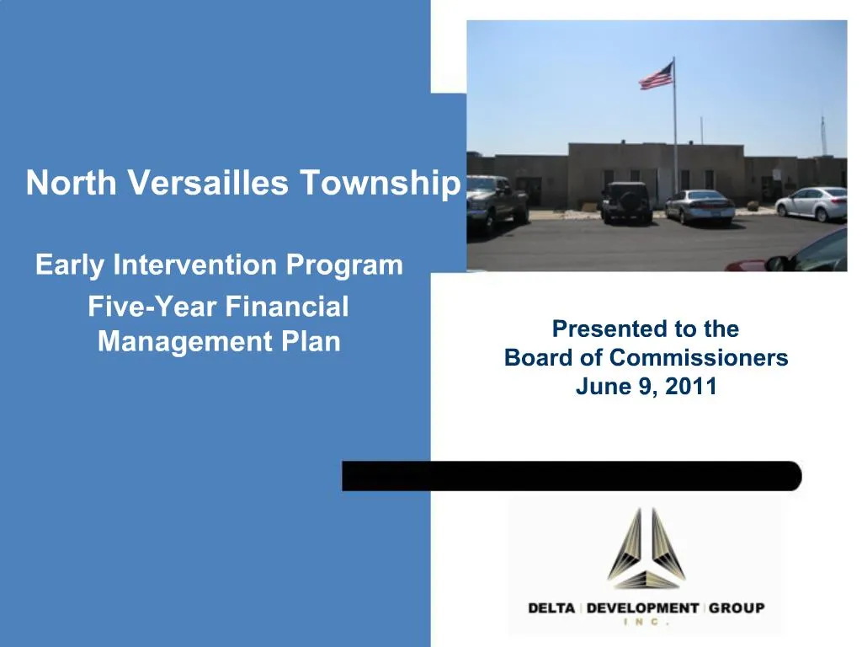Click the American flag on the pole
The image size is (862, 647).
click(x=656, y=77)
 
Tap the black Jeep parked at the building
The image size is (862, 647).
click(x=626, y=202)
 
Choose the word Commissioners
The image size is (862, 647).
click(x=699, y=358)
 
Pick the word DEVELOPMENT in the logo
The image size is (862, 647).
click(x=643, y=607)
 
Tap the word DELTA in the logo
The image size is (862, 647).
click(x=551, y=607)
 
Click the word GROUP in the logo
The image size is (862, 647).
click(x=737, y=607)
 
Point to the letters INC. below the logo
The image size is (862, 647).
click(x=646, y=623)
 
